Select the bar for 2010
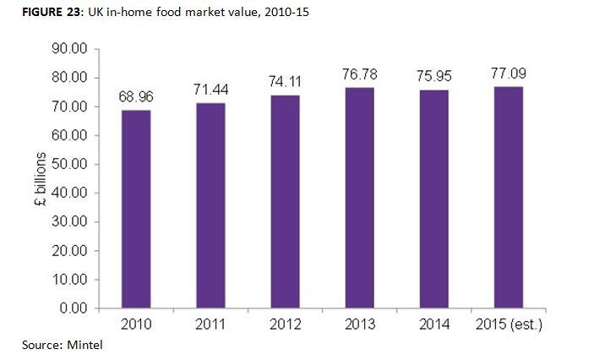click(137, 210)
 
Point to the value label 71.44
click(211, 90)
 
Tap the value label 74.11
click(286, 82)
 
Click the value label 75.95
click(434, 77)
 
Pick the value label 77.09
click(509, 75)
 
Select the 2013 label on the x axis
click(360, 325)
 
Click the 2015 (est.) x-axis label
click(509, 325)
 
